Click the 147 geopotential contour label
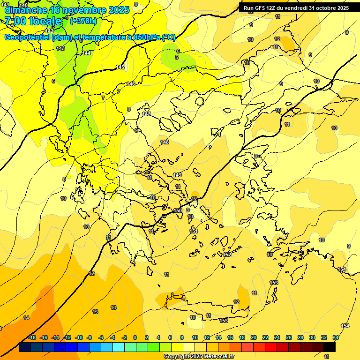147,114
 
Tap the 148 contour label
164,142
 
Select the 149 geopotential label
177,175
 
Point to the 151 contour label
194,231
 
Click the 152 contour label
227,255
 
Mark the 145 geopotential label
120,67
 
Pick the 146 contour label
131,84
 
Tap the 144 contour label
86,53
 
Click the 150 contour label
178,211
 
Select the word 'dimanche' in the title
26,9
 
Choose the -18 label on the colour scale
32,337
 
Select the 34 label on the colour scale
336,337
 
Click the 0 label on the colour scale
135,337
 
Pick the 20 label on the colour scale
254,337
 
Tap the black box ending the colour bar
330,347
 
